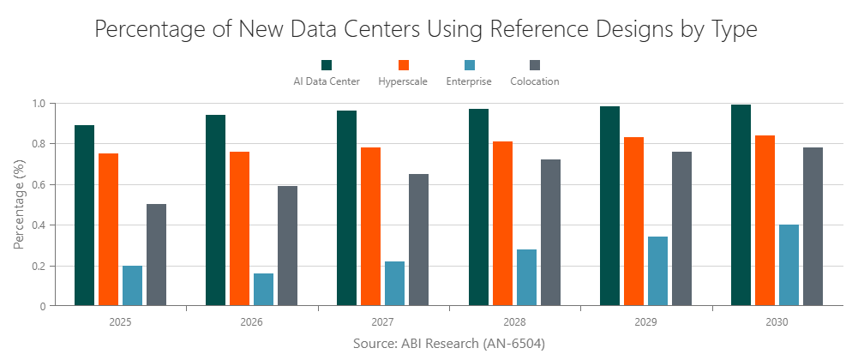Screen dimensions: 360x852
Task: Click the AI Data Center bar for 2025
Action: click(84, 215)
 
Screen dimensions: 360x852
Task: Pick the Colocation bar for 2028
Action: click(550, 232)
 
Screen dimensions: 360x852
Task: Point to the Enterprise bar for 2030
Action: click(789, 265)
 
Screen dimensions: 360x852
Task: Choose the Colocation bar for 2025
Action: click(156, 255)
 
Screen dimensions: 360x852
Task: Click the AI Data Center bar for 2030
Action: click(741, 205)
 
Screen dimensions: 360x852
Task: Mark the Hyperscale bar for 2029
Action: click(633, 221)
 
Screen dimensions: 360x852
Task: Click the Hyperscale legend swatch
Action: click(404, 65)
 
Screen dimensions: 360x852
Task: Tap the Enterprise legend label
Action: click(469, 81)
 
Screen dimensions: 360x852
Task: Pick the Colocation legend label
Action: click(534, 81)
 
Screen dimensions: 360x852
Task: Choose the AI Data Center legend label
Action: click(327, 81)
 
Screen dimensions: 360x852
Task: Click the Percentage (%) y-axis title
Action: click(19, 204)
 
